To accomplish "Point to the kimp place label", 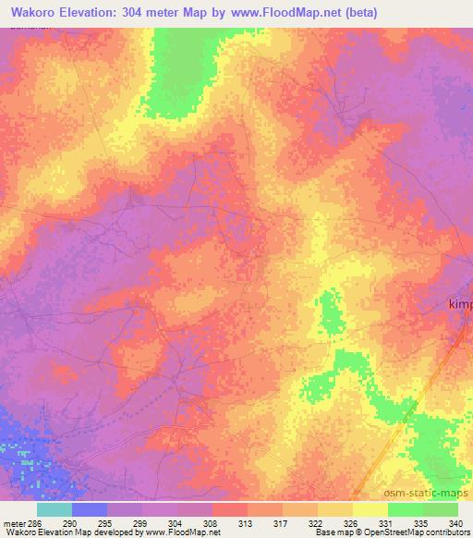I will pyautogui.click(x=459, y=304).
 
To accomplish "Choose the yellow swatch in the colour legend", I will pyautogui.click(x=370, y=509).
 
